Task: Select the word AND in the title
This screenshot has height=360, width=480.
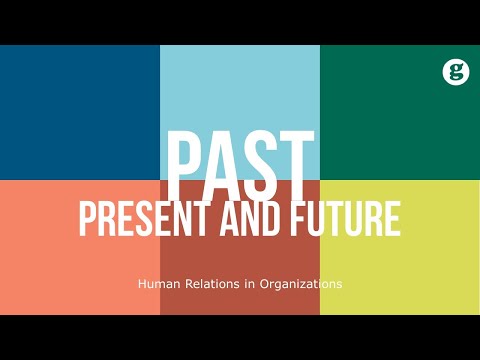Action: [x=262, y=218]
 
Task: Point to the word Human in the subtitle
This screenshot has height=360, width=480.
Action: [x=155, y=284]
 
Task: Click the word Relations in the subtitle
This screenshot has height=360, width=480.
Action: [x=207, y=284]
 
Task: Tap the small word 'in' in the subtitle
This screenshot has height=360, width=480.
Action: [x=244, y=284]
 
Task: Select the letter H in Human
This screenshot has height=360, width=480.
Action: [x=141, y=284]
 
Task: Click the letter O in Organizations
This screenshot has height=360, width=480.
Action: [x=263, y=284]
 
